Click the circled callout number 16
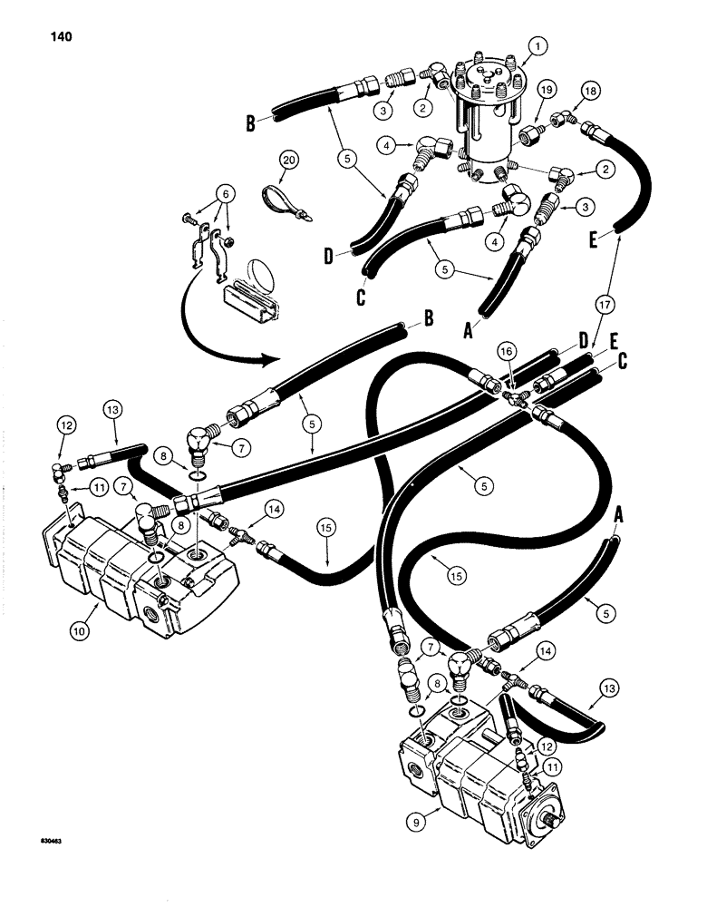507,350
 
